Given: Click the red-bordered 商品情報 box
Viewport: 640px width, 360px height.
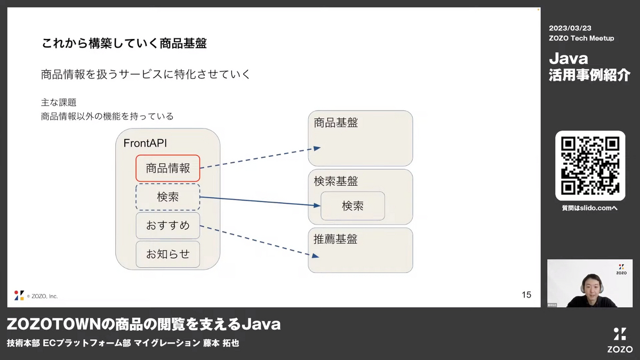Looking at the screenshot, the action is tap(167, 169).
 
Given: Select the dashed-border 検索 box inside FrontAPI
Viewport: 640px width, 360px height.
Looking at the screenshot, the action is tap(167, 197).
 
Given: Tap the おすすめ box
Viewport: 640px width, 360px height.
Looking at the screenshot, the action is tap(167, 226).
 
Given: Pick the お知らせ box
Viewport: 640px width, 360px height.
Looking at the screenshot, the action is tap(167, 254).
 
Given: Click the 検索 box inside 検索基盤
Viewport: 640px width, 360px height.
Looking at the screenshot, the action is tap(353, 206).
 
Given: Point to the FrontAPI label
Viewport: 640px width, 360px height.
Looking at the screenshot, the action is tap(145, 143).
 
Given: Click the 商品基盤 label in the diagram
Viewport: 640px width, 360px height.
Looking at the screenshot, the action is tap(335, 123).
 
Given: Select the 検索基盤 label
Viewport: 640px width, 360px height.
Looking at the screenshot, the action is tap(335, 181).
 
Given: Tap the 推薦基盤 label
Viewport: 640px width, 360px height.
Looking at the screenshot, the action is tap(335, 239).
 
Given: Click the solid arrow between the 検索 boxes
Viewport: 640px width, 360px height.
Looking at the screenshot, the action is tap(260, 201).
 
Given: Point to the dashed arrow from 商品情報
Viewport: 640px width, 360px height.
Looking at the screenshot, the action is tap(260, 158).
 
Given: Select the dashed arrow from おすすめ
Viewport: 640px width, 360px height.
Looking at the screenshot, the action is tap(259, 242).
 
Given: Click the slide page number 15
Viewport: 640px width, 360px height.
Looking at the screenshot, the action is tap(526, 294).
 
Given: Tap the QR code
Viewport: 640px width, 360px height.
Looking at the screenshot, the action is tap(590, 166).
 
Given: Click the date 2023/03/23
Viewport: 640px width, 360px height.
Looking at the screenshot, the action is tap(570, 28).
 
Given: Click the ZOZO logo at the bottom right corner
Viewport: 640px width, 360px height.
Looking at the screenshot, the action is tap(620, 340).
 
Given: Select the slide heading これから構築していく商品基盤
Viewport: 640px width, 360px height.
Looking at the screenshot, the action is tap(124, 43).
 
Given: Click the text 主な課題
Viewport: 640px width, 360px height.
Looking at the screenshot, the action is tap(59, 102).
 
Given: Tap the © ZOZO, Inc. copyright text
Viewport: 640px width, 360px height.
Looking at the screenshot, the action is tap(42, 297).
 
